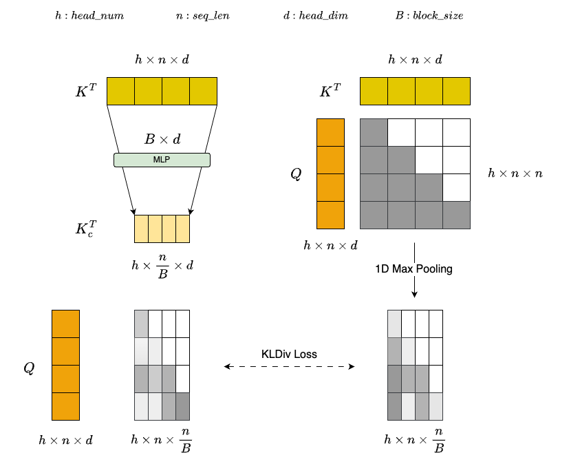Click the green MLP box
point(161,160)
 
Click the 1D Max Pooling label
point(414,268)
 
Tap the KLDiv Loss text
point(289,354)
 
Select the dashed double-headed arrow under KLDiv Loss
point(289,368)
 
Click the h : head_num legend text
point(82,16)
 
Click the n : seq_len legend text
point(203,16)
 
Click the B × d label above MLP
point(162,140)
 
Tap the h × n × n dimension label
point(515,173)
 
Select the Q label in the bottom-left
point(29,368)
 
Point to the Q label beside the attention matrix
point(296,173)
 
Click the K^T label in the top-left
point(87,92)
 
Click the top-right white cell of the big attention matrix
point(456,132)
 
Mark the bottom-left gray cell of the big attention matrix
point(374,215)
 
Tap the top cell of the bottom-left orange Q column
point(65,324)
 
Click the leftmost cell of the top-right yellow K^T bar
point(374,92)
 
